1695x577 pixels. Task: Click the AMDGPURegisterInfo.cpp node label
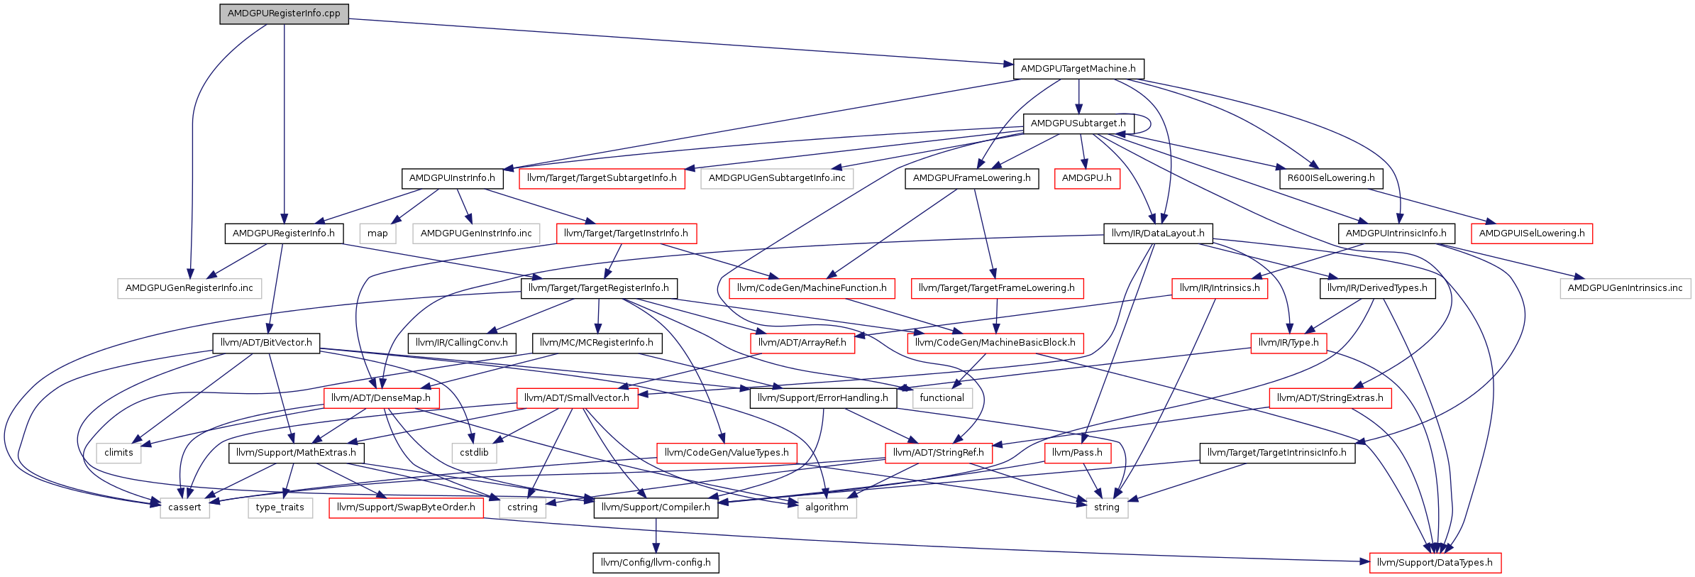tap(284, 13)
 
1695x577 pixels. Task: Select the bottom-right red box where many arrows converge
tap(1435, 563)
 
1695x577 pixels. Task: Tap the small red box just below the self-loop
tap(1087, 179)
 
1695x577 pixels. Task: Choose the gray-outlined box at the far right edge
tap(1625, 289)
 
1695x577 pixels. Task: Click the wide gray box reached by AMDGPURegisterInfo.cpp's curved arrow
tap(189, 289)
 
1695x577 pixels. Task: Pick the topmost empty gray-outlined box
tap(776, 179)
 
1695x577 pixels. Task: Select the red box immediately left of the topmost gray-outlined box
tap(602, 179)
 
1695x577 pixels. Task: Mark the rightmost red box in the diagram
tap(1531, 233)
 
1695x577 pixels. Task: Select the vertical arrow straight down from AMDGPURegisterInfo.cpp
tap(285, 121)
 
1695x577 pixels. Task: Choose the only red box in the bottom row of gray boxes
tap(406, 508)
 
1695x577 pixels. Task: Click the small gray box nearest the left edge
tap(118, 454)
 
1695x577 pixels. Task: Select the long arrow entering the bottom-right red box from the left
tap(922, 540)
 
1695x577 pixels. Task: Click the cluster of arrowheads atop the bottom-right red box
tap(1437, 547)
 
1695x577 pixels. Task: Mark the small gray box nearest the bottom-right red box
tap(1107, 508)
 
